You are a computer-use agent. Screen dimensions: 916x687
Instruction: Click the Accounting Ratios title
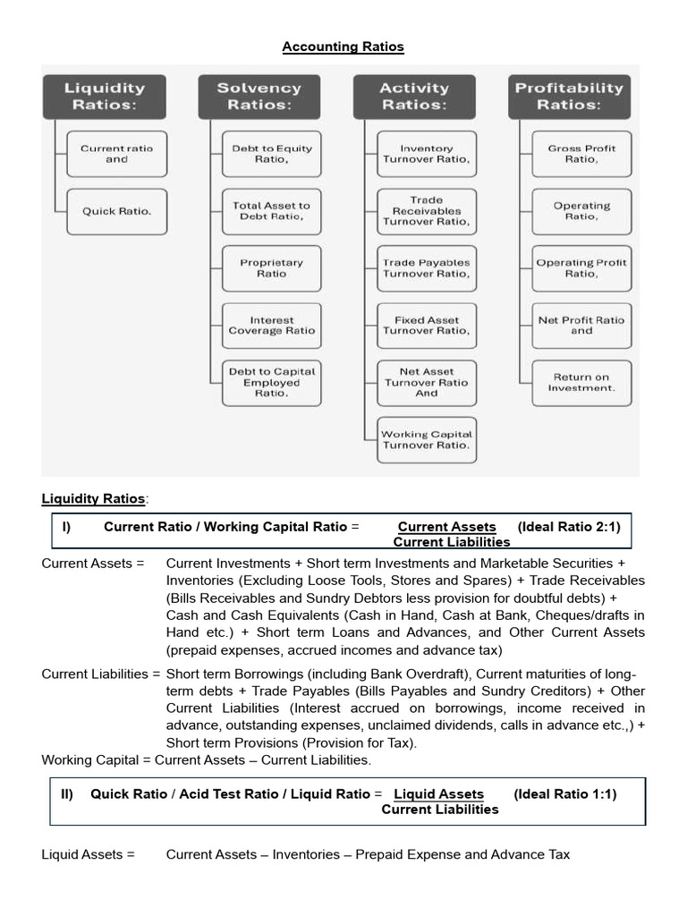point(343,47)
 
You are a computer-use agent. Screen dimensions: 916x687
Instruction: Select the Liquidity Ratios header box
point(104,97)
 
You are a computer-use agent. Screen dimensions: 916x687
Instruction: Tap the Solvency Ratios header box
point(259,97)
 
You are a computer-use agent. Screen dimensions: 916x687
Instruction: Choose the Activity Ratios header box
point(413,97)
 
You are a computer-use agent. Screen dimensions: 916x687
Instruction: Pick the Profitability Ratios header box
point(569,97)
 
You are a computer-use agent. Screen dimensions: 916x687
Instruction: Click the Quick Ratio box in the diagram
point(116,211)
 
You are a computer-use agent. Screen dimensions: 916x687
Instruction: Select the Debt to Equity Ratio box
point(272,154)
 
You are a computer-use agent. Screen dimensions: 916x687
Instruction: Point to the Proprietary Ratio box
point(272,268)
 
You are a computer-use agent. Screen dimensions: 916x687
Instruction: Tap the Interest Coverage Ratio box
point(272,326)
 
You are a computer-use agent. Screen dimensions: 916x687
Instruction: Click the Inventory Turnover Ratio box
point(427,154)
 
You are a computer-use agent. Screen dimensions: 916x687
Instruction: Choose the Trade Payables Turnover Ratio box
point(427,268)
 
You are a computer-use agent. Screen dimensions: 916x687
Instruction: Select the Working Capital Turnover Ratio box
point(427,439)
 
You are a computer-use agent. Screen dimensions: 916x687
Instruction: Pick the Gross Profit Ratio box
point(581,154)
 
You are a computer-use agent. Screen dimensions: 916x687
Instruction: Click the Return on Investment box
point(581,383)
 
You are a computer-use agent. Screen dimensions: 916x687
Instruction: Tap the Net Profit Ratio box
point(581,326)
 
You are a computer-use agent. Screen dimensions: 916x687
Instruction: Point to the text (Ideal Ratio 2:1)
point(568,527)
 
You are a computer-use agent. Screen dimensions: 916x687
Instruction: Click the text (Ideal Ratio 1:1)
point(564,793)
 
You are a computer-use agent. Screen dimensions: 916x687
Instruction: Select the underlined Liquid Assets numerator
point(438,794)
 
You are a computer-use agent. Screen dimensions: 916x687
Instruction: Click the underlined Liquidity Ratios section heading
point(94,498)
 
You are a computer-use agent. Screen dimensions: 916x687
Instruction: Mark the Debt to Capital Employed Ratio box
point(272,383)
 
